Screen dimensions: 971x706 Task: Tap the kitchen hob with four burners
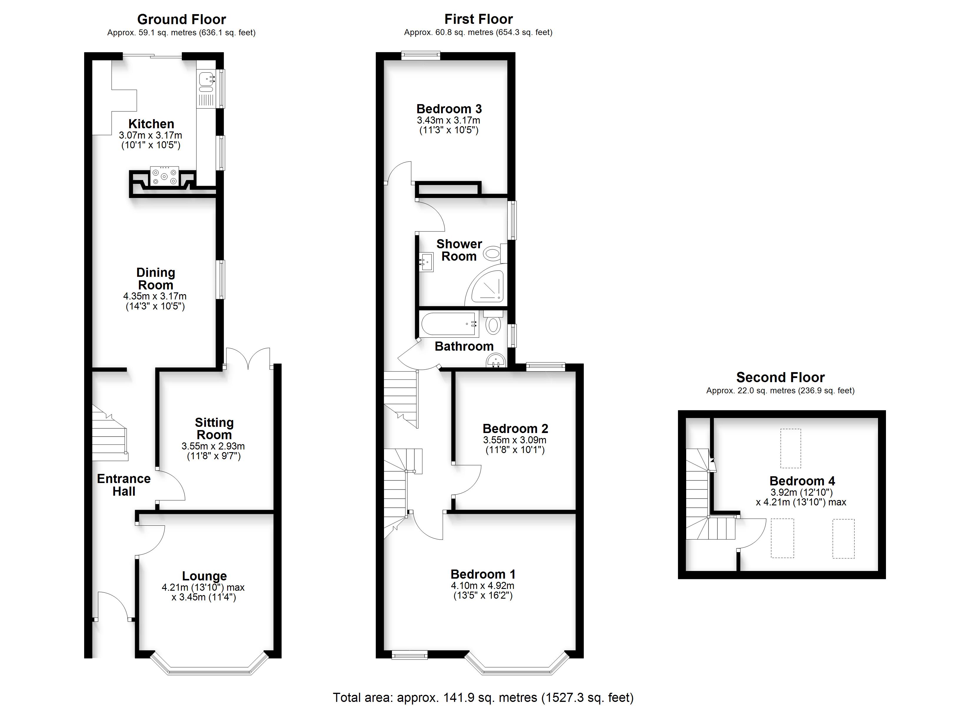pos(164,176)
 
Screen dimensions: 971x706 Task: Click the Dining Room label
pos(155,279)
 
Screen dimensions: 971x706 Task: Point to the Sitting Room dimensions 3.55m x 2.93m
pos(213,446)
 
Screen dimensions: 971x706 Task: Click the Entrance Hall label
pos(124,485)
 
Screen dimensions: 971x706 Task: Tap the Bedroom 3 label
pos(449,109)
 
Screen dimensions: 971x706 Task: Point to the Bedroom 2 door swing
pos(468,480)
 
